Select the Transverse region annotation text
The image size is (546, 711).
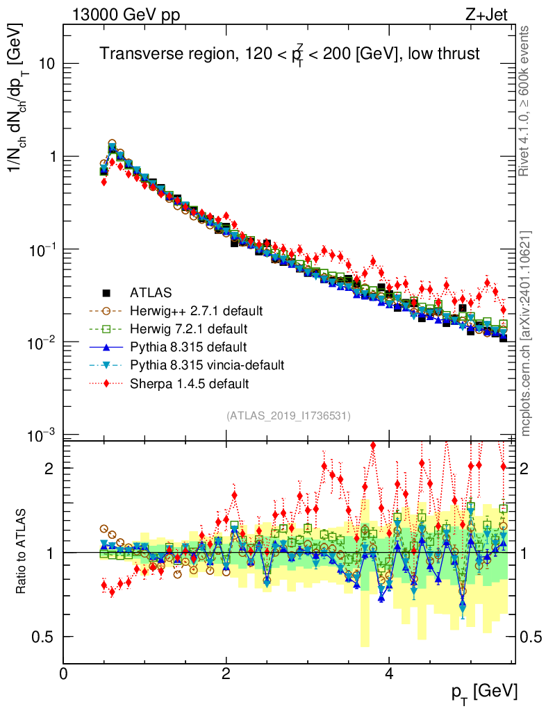click(289, 53)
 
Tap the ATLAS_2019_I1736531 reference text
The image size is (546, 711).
click(288, 416)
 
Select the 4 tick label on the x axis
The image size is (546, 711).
click(389, 674)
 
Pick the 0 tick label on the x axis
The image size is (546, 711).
click(63, 674)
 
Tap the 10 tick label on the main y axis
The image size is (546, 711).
click(45, 64)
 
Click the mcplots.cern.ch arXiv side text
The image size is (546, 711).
click(527, 333)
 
